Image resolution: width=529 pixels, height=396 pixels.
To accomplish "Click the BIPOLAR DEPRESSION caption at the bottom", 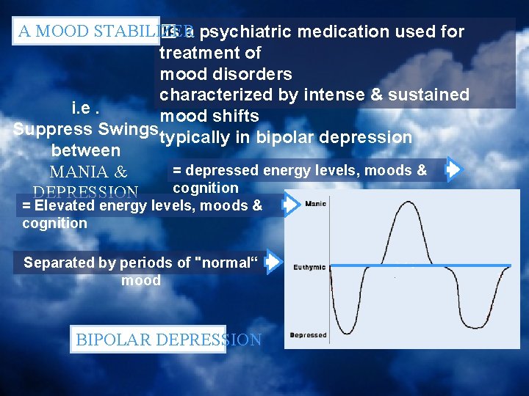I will point(168,340).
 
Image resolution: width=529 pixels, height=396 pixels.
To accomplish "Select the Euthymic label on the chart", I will point(309,268).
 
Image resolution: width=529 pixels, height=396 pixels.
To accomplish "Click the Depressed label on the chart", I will point(308,335).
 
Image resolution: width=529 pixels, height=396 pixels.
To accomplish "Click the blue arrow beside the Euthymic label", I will point(273,262).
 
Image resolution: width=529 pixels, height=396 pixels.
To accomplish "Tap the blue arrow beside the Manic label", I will point(292,205).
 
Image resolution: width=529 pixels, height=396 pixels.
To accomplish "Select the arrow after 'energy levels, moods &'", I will point(453,170).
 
